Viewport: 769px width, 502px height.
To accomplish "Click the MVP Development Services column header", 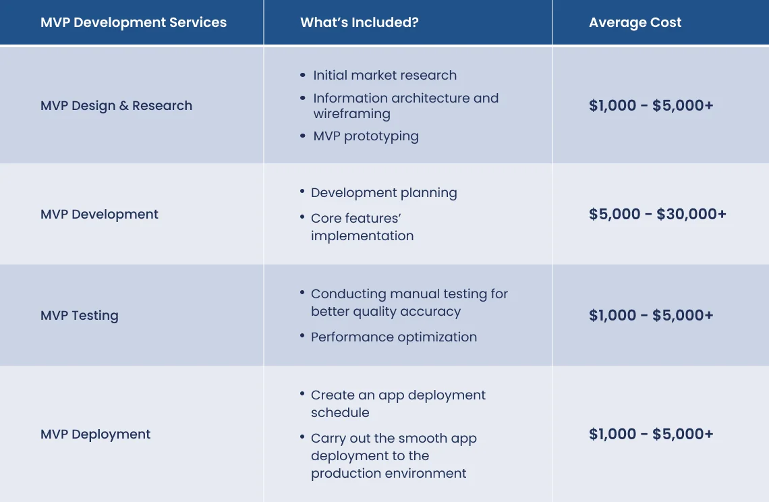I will click(x=134, y=22).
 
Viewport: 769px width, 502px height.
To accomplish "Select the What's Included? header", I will click(x=359, y=22).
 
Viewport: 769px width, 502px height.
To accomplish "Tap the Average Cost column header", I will click(x=635, y=22).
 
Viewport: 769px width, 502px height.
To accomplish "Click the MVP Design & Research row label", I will click(x=116, y=105).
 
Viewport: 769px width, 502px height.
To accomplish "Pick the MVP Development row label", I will click(x=99, y=214).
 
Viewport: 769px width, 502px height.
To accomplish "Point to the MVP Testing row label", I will click(x=79, y=315).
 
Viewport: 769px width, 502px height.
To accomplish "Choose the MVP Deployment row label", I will click(x=95, y=434).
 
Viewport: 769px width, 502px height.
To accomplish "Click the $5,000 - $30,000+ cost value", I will click(x=657, y=214).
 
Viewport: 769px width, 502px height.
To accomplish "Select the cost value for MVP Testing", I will click(x=650, y=315).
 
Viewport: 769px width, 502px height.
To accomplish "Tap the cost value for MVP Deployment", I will click(x=650, y=434).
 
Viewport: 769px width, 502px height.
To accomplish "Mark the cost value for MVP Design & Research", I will click(x=650, y=105).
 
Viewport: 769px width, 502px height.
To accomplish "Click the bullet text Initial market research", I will click(x=384, y=75).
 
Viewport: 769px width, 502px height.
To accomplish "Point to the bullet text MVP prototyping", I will click(x=366, y=136).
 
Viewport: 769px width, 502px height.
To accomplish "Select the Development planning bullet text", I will click(x=384, y=192).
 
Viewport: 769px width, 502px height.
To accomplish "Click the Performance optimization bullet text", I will click(x=393, y=337).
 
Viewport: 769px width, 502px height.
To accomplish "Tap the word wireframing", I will click(x=351, y=114).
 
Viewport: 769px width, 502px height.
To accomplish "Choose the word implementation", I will click(x=362, y=235).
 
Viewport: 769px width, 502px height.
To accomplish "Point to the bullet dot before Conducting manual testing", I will click(x=302, y=292).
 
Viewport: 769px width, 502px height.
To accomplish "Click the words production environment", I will click(x=389, y=473).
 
